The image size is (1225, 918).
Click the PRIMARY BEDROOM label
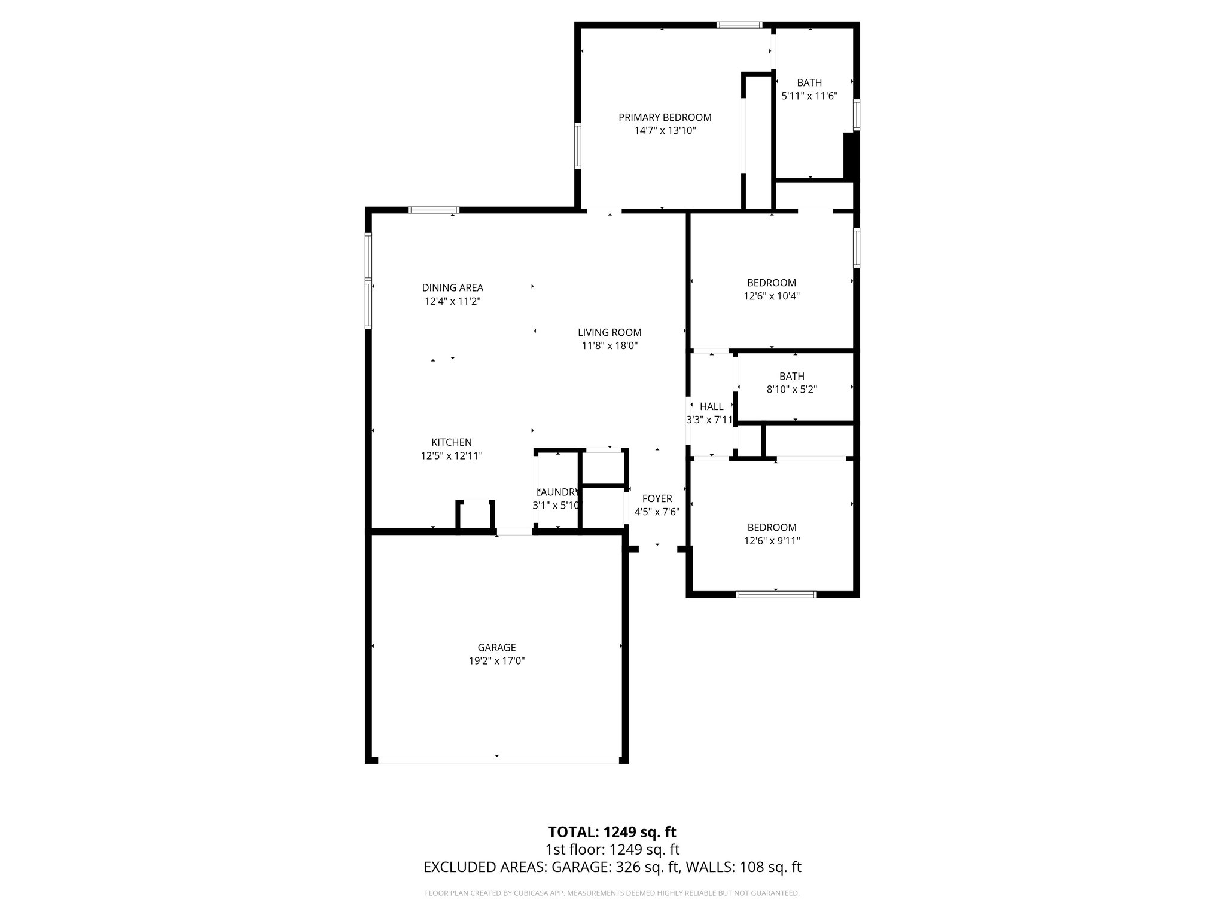(x=665, y=117)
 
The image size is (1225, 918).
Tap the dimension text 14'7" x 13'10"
(x=665, y=131)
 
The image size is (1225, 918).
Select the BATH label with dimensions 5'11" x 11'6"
(x=809, y=83)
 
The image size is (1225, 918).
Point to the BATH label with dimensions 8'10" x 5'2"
(x=791, y=377)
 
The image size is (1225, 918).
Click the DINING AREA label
(x=452, y=288)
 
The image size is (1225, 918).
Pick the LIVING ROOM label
(x=609, y=333)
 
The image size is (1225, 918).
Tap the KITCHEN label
(x=452, y=443)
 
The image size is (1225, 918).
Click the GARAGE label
(x=496, y=648)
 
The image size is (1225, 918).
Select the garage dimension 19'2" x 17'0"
(x=496, y=662)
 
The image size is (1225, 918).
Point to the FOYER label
(x=657, y=499)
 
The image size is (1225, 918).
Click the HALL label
(x=711, y=407)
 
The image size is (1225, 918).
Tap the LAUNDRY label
(x=556, y=492)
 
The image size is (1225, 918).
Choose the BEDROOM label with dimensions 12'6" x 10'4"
(x=771, y=283)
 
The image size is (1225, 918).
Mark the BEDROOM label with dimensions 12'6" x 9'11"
(x=772, y=528)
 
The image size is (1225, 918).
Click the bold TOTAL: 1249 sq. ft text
(x=612, y=832)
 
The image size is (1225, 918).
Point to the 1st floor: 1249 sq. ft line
(x=612, y=850)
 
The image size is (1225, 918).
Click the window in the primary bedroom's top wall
(x=739, y=25)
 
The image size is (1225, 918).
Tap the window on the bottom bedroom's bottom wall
(x=776, y=594)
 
